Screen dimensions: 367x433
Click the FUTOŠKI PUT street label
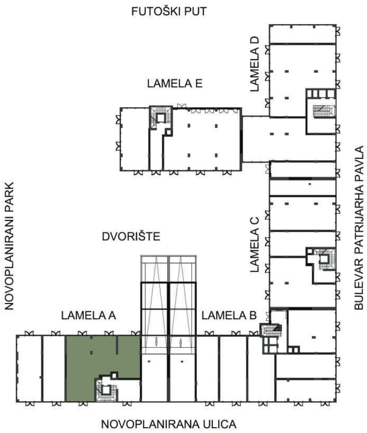click(169, 12)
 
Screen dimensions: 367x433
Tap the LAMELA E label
click(175, 83)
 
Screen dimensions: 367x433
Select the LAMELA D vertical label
click(254, 64)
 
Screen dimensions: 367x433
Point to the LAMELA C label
click(254, 245)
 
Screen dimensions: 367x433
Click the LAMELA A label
click(89, 315)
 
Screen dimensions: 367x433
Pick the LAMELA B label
click(229, 315)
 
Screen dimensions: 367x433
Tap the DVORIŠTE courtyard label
click(131, 237)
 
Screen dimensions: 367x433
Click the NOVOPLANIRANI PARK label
click(9, 246)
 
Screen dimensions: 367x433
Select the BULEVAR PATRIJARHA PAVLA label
click(359, 228)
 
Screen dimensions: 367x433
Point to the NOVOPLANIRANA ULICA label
click(169, 424)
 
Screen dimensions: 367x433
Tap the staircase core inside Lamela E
click(160, 118)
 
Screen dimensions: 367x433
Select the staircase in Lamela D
click(324, 111)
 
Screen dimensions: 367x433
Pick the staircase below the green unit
click(106, 390)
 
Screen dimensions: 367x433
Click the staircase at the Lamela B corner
click(271, 330)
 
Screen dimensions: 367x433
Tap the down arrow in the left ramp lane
click(156, 342)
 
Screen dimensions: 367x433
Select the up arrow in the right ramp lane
click(181, 342)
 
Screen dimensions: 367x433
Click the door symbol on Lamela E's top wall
click(182, 106)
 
